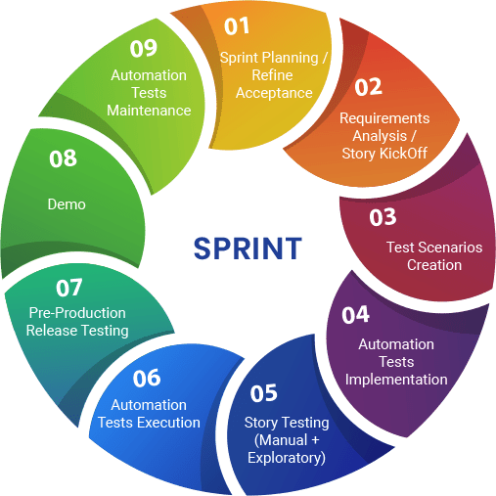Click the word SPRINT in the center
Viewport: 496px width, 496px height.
(248, 248)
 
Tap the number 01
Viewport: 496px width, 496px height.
(237, 26)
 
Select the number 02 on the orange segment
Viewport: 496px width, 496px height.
(368, 87)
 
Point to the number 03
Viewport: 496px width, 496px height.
(383, 217)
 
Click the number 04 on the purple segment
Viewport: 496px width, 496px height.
(356, 315)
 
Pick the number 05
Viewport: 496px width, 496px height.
(264, 393)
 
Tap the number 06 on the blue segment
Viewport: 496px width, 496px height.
(147, 378)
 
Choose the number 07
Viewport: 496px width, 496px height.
(68, 288)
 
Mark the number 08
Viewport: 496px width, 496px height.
(63, 158)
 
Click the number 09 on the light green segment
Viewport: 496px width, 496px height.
(144, 48)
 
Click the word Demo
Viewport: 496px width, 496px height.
(67, 204)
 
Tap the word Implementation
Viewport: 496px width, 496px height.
(396, 380)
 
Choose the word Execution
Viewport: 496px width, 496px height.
(168, 423)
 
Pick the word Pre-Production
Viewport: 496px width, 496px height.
(77, 313)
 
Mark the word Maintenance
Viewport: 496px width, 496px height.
(149, 111)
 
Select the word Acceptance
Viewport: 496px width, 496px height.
(274, 93)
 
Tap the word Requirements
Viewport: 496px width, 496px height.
(384, 118)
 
